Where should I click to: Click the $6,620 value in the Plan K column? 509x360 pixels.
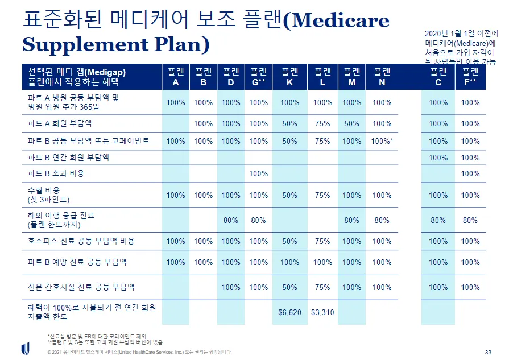point(289,312)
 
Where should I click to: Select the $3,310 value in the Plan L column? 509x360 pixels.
point(322,312)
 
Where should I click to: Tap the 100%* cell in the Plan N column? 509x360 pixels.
point(383,141)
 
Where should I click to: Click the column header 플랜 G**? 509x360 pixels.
point(258,77)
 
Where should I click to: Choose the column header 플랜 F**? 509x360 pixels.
point(470,77)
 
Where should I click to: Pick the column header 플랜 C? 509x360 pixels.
point(438,77)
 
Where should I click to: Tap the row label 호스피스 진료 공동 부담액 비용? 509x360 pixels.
point(81,241)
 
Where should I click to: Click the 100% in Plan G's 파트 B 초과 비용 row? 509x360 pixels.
point(258,173)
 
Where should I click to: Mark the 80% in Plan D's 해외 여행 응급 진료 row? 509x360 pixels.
point(231,220)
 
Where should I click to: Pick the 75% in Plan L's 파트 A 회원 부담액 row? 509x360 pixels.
point(322,123)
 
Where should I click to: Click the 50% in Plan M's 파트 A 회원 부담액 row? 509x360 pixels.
point(352,123)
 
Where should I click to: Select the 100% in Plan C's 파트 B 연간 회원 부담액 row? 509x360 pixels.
point(438,158)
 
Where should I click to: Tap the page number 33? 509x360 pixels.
point(487,351)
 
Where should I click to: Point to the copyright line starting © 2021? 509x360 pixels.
point(139,352)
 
